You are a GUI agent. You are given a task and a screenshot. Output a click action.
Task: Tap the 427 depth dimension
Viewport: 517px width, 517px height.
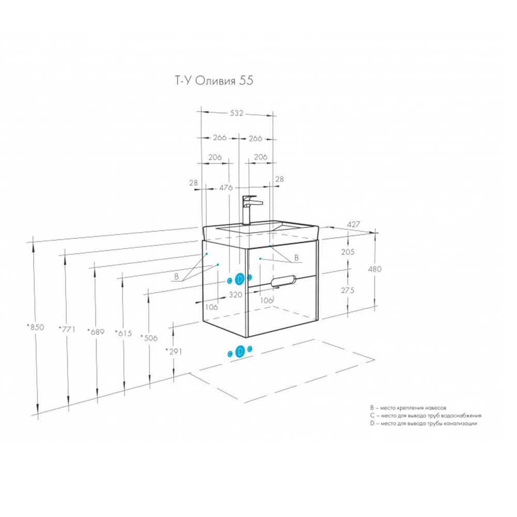pyautogui.click(x=353, y=224)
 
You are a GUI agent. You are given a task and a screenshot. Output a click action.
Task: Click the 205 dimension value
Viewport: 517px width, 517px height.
pyautogui.click(x=348, y=252)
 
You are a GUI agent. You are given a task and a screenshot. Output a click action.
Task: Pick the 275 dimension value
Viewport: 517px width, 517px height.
pyautogui.click(x=348, y=291)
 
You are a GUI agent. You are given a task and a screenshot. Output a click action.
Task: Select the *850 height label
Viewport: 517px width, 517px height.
pyautogui.click(x=35, y=327)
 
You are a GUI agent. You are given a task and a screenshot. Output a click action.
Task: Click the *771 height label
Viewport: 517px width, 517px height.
pyautogui.click(x=67, y=329)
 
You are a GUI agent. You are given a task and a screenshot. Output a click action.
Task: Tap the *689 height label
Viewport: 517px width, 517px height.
pyautogui.click(x=96, y=331)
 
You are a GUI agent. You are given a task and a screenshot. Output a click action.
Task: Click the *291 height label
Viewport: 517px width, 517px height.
pyautogui.click(x=174, y=351)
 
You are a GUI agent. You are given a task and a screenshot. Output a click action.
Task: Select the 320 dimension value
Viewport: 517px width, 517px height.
pyautogui.click(x=235, y=295)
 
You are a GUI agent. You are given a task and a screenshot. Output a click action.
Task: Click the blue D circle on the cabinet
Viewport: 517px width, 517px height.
pyautogui.click(x=239, y=279)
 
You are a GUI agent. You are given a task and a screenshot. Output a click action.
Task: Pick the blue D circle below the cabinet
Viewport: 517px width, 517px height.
pyautogui.click(x=240, y=352)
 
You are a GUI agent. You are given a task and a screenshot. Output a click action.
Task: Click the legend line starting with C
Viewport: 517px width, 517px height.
pyautogui.click(x=425, y=415)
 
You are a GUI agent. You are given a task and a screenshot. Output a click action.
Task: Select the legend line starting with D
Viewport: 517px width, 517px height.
pyautogui.click(x=423, y=423)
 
